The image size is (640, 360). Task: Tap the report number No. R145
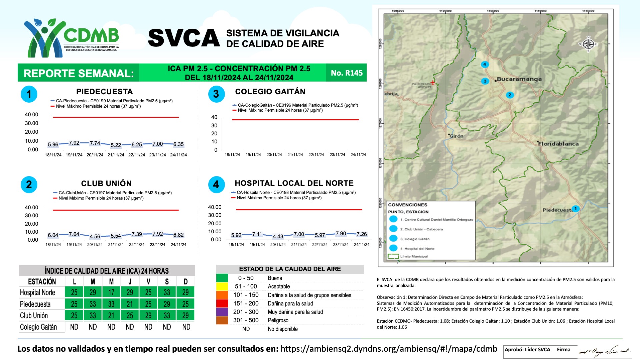point(346,73)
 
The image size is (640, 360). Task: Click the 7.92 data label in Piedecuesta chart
point(74,143)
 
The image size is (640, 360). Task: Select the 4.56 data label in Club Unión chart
point(95,236)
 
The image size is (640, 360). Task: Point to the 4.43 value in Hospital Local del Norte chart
point(278,236)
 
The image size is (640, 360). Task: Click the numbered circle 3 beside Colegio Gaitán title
point(216,94)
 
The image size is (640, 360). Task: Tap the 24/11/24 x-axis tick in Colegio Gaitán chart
point(358,155)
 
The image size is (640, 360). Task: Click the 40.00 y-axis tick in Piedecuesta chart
point(31,114)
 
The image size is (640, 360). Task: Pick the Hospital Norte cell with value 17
point(111,292)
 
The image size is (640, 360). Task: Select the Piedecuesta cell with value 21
point(130,304)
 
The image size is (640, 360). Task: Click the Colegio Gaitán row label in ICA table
point(38,327)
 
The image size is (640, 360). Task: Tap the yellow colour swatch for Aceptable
point(222,286)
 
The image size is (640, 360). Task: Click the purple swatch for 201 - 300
point(222,312)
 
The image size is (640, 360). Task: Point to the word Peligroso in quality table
point(278,320)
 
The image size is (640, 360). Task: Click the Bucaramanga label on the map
point(519,79)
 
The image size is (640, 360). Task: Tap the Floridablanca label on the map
point(558,144)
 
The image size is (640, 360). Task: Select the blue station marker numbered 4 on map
point(485,64)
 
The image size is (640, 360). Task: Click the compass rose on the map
point(588,44)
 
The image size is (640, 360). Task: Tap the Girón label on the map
point(456,136)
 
